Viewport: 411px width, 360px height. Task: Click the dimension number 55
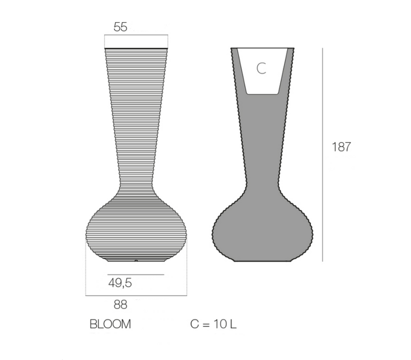(x=120, y=27)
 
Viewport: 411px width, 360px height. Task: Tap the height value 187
(x=341, y=147)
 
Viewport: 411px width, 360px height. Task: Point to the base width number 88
(x=120, y=304)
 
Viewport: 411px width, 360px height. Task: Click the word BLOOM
(x=110, y=325)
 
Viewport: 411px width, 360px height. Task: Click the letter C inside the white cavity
(x=261, y=69)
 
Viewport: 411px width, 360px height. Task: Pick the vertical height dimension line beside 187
(x=323, y=154)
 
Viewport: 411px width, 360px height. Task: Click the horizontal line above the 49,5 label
(x=136, y=275)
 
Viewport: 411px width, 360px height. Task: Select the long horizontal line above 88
(x=136, y=296)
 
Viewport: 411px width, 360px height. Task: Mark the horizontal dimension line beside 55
(x=136, y=35)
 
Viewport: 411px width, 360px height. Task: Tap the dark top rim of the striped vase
(x=136, y=48)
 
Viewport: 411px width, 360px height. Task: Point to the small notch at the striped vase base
(x=136, y=261)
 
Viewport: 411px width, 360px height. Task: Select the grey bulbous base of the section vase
(x=262, y=231)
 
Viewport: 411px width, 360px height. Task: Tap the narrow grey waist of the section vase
(x=262, y=170)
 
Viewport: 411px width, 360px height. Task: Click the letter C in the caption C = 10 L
(x=194, y=325)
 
